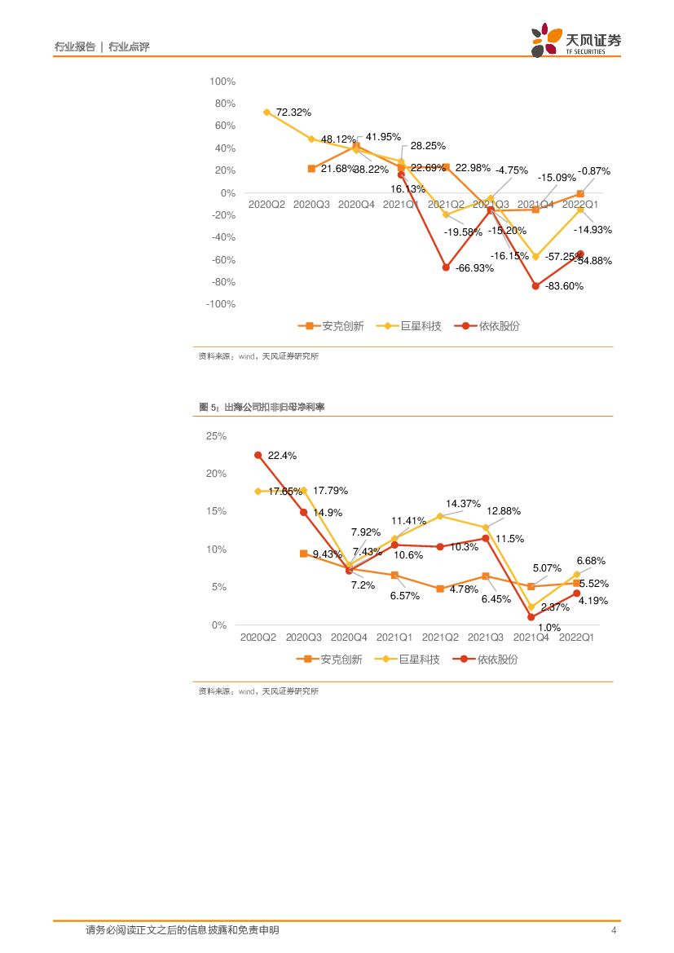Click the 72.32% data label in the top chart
click(x=293, y=112)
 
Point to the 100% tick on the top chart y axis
click(x=222, y=82)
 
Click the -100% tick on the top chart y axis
click(x=221, y=304)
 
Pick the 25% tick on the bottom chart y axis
click(x=216, y=436)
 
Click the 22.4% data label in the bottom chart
click(x=282, y=456)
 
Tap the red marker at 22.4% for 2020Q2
click(x=258, y=456)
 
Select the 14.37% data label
click(x=463, y=504)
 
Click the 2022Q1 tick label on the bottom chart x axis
click(x=577, y=638)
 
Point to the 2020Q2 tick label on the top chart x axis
click(x=267, y=205)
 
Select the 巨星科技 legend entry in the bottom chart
click(x=410, y=659)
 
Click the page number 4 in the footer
click(x=614, y=930)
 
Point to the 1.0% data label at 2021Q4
click(x=549, y=628)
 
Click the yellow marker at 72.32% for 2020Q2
click(x=267, y=113)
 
